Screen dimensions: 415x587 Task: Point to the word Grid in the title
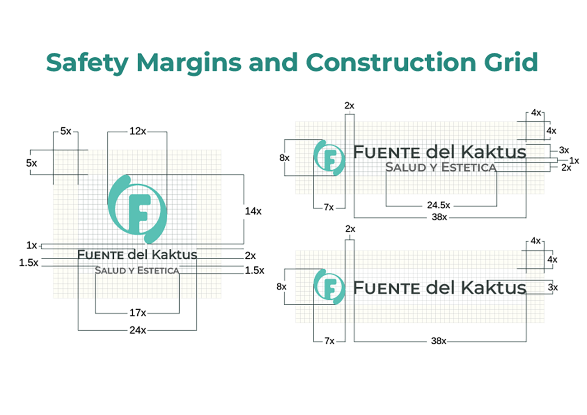pos(512,63)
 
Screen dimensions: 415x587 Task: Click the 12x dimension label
pos(137,131)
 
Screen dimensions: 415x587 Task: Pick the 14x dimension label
pos(253,211)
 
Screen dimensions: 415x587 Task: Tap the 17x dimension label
pos(137,312)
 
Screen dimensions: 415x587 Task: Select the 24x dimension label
pos(137,330)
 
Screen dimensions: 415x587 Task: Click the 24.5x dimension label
pos(438,205)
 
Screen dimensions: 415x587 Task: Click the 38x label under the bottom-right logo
pos(438,340)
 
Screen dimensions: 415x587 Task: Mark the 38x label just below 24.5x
pos(438,217)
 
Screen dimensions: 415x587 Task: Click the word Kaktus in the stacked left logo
pos(175,255)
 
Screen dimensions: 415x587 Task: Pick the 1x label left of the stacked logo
pos(31,246)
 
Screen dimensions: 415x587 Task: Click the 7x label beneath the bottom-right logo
pos(329,340)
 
